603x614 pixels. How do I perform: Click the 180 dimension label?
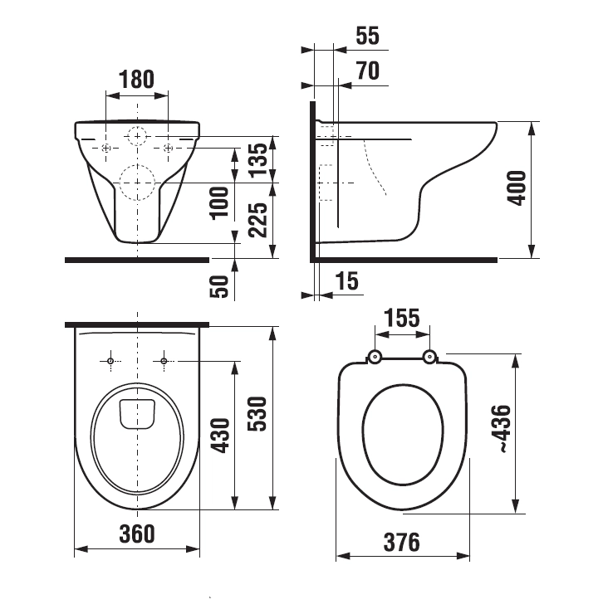(x=137, y=80)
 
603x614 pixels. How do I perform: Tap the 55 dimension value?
(x=368, y=36)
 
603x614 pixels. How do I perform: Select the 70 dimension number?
(x=368, y=71)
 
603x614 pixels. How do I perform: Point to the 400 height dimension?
(x=517, y=188)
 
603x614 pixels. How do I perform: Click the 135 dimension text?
(x=258, y=160)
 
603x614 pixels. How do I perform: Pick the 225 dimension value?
(x=258, y=220)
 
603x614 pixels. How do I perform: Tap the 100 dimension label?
(x=219, y=203)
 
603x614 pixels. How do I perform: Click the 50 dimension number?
(x=219, y=286)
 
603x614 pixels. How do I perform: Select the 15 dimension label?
(x=347, y=281)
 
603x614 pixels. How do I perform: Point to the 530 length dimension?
(x=257, y=414)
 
